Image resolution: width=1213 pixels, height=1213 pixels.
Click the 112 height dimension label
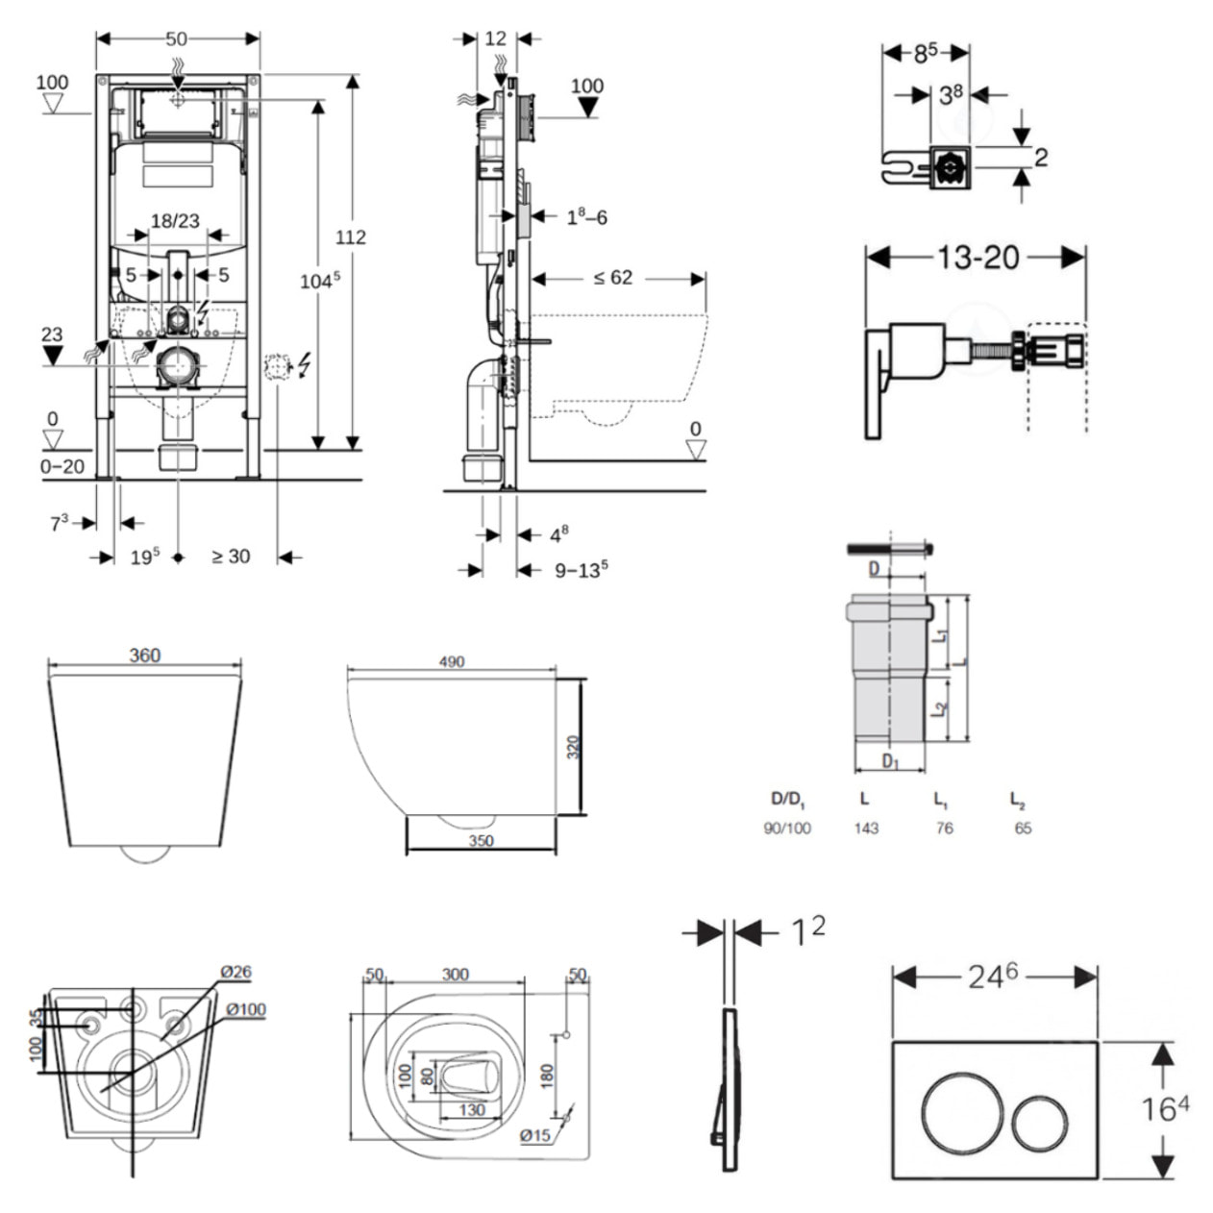(x=351, y=236)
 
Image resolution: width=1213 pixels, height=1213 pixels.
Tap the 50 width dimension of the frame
(x=176, y=39)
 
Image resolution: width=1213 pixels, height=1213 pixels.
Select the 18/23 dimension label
(x=175, y=221)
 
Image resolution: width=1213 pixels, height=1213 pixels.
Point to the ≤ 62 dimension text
(x=612, y=278)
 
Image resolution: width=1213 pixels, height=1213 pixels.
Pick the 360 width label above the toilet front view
(x=144, y=656)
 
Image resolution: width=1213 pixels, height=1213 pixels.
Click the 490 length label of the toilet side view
(x=451, y=661)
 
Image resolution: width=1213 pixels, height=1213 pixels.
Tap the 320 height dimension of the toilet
(x=573, y=747)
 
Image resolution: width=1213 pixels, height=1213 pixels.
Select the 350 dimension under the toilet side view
(x=481, y=841)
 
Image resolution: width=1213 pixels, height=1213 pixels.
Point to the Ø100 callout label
(x=246, y=1009)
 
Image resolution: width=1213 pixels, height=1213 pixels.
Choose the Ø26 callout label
(x=235, y=972)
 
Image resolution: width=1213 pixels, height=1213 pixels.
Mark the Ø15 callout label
(x=535, y=1135)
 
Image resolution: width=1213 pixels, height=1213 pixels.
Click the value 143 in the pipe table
(x=866, y=828)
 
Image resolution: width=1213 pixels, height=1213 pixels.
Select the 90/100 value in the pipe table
(x=787, y=828)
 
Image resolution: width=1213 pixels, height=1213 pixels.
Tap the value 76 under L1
(x=944, y=828)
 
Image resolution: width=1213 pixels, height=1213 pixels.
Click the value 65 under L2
(x=1023, y=828)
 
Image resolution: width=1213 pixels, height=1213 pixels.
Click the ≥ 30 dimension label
(x=231, y=557)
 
